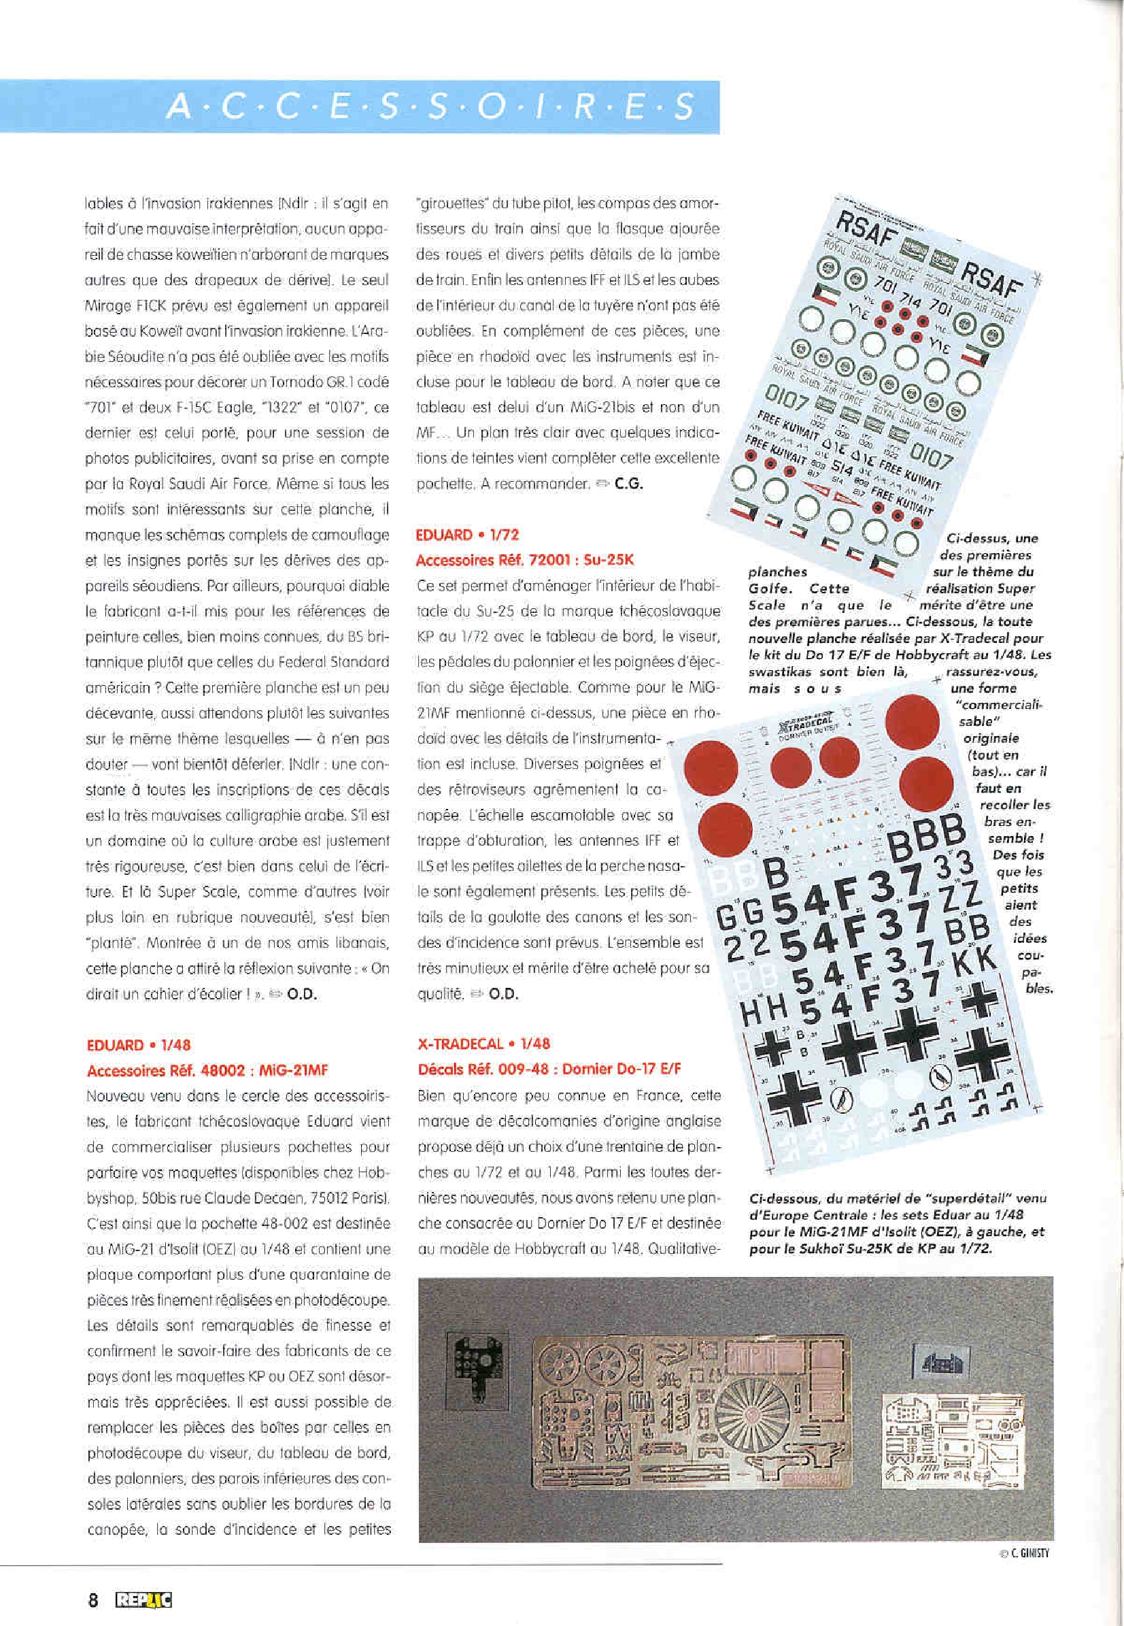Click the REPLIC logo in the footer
click(x=143, y=1601)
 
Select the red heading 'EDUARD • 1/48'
click(x=139, y=1045)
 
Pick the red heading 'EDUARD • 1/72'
click(x=468, y=535)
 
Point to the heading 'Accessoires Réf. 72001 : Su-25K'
click(x=525, y=560)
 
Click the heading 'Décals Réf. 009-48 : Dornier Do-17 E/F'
click(x=549, y=1069)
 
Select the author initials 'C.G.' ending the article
click(x=628, y=484)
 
